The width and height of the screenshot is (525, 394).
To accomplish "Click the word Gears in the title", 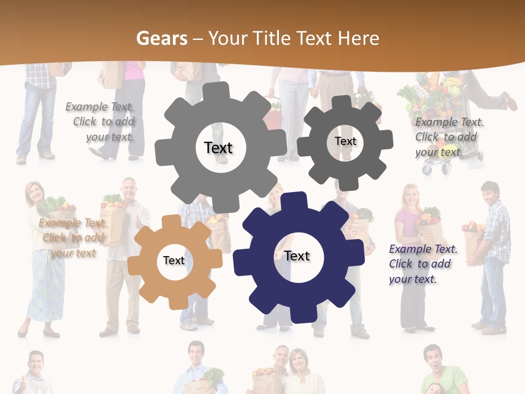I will [159, 38].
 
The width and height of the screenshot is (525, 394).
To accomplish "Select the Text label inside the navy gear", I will [297, 256].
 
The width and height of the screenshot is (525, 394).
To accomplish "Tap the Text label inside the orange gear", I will [174, 260].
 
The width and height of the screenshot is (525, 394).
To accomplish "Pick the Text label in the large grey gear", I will [218, 148].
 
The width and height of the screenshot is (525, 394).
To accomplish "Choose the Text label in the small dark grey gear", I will [345, 141].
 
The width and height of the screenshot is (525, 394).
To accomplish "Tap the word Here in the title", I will [358, 38].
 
